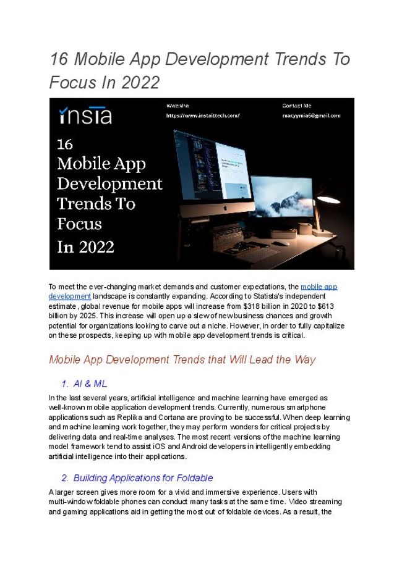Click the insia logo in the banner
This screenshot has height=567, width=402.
(x=85, y=115)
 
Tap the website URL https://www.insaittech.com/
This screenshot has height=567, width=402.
(x=202, y=115)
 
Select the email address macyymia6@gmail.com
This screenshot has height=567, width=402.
(x=311, y=115)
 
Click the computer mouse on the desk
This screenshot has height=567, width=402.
(x=281, y=243)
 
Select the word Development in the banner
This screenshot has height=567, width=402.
(x=109, y=183)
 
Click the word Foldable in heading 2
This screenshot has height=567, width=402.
(x=193, y=478)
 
